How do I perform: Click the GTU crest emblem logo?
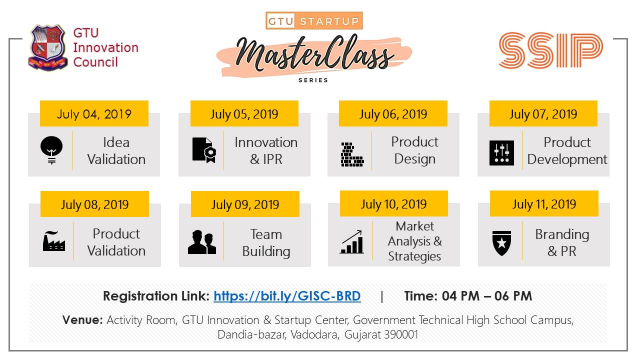(47, 47)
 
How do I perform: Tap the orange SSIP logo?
(551, 50)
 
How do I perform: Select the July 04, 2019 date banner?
(94, 113)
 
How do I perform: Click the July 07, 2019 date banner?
(543, 113)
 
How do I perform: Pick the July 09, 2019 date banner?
(245, 204)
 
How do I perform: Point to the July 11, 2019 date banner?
(544, 203)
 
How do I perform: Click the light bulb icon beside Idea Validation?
(51, 150)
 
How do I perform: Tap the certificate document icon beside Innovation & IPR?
(204, 150)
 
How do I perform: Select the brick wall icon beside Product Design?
(352, 154)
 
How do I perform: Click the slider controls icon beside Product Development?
(501, 153)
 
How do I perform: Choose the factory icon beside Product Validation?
(53, 241)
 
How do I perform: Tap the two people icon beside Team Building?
(201, 242)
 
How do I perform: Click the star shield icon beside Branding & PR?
(501, 243)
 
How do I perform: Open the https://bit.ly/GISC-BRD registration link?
(287, 296)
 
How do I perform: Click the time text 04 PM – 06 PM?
(487, 296)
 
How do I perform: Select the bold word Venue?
(82, 319)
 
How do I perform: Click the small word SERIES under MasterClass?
(313, 80)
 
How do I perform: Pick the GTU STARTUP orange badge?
(314, 20)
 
